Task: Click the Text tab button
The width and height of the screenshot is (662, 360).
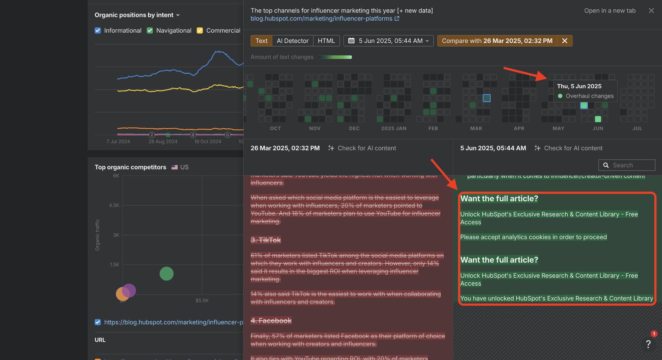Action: coord(261,41)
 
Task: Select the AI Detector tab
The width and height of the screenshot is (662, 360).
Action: coord(292,41)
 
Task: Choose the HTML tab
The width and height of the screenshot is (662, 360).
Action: coord(326,41)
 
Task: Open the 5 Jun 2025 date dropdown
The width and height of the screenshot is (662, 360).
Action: coord(388,41)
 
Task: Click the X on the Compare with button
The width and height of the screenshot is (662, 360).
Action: coord(564,41)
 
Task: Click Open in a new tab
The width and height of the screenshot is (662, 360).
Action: coord(610,11)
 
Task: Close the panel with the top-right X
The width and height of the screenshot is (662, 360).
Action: coord(651,11)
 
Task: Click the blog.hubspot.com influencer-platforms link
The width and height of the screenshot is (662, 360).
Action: coord(321,19)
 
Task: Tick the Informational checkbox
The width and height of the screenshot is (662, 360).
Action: coord(98,31)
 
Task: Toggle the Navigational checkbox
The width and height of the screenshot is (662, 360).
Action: coord(150,31)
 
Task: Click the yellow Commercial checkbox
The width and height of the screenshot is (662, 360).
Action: coord(200,31)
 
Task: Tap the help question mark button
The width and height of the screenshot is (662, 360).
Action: coord(648,344)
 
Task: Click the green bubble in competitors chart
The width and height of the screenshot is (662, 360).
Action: coord(166,274)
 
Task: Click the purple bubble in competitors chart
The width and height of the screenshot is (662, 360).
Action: coord(129,290)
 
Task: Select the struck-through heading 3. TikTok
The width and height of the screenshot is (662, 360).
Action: coord(266,240)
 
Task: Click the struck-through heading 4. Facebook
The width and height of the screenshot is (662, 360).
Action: coord(271,321)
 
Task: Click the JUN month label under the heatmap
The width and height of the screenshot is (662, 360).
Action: coord(598,129)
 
